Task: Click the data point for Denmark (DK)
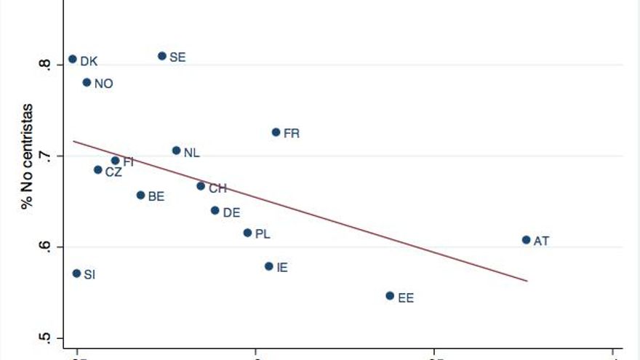pyautogui.click(x=73, y=59)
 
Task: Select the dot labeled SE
pyautogui.click(x=162, y=56)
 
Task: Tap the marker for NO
pyautogui.click(x=87, y=82)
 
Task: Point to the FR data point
pyautogui.click(x=276, y=132)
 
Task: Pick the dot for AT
pyautogui.click(x=526, y=239)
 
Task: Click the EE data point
pyautogui.click(x=390, y=296)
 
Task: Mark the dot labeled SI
pyautogui.click(x=76, y=273)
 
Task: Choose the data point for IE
pyautogui.click(x=268, y=266)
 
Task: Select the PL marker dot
pyautogui.click(x=247, y=233)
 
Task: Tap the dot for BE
pyautogui.click(x=140, y=195)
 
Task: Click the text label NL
pyautogui.click(x=191, y=153)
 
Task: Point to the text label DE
pyautogui.click(x=231, y=212)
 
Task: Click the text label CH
pyautogui.click(x=217, y=188)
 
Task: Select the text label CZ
pyautogui.click(x=113, y=172)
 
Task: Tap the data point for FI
pyautogui.click(x=115, y=160)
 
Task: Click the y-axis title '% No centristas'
pyautogui.click(x=26, y=156)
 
